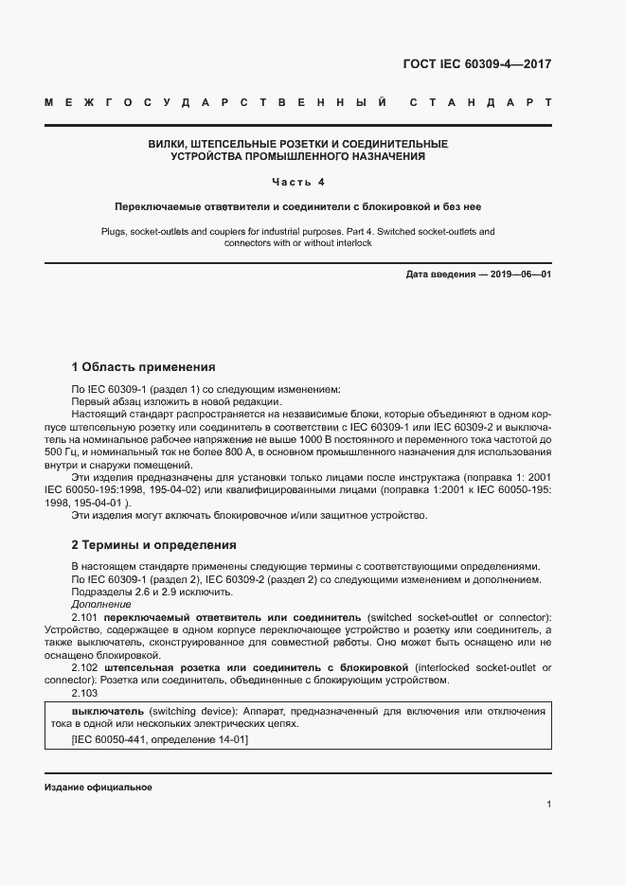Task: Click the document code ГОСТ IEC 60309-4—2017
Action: pos(476,64)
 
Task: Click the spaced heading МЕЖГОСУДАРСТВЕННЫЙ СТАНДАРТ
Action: pos(297,101)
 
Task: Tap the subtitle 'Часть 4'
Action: pos(297,182)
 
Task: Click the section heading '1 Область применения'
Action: pos(143,367)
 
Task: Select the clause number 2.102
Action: pos(86,667)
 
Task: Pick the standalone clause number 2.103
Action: pos(85,693)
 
